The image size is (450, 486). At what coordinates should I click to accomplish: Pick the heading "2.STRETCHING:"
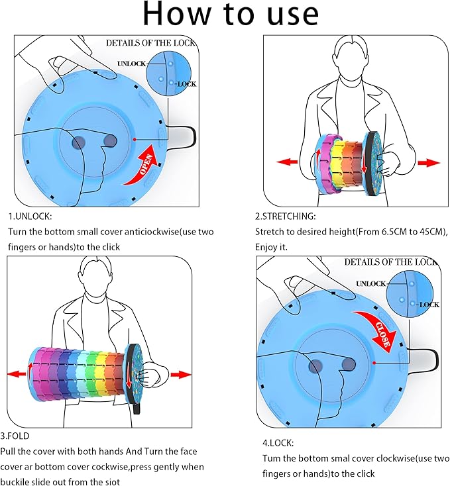[x=286, y=217]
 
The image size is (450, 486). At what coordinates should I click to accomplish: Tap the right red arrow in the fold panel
[x=180, y=375]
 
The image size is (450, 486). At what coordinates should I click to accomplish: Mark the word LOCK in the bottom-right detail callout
[x=429, y=305]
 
